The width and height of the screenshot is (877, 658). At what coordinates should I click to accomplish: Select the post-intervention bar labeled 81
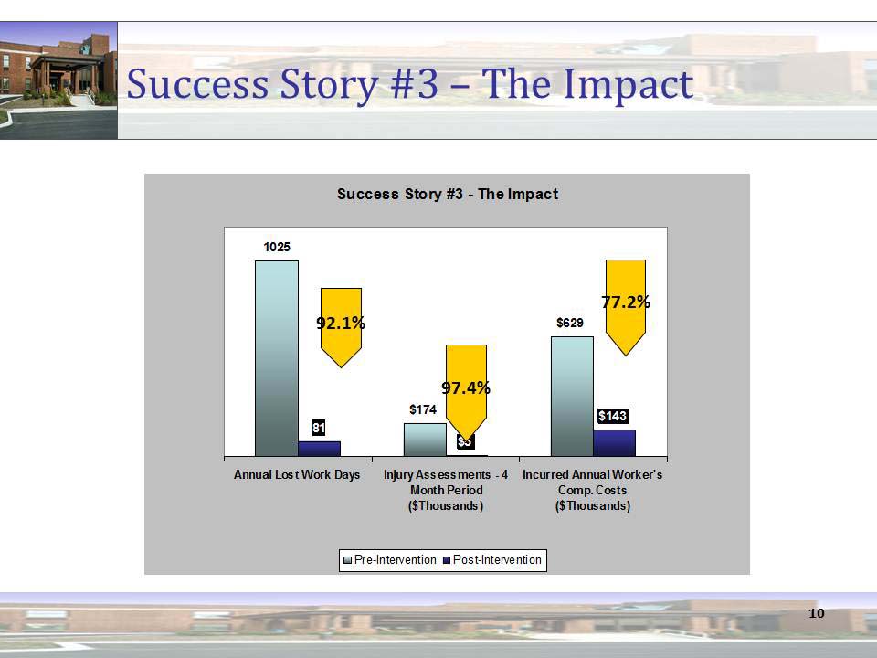(x=319, y=449)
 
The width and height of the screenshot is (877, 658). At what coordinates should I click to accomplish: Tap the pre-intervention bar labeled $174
(x=425, y=440)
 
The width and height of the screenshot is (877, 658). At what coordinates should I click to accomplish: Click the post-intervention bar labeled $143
(x=614, y=443)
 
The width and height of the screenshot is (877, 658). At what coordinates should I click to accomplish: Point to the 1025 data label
(x=277, y=247)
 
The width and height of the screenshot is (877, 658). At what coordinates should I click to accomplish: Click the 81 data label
(x=319, y=428)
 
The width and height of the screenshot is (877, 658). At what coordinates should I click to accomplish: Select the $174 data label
(x=421, y=410)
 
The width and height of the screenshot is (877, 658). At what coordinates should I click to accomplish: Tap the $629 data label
(x=570, y=323)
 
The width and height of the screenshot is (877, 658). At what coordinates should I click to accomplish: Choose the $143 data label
(x=612, y=416)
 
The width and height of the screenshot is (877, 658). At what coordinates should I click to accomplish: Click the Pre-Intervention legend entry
(x=390, y=559)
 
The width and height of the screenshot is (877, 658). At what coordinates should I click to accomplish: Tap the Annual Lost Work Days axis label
(x=297, y=475)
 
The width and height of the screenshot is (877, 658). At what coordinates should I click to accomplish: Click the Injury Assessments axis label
(x=446, y=491)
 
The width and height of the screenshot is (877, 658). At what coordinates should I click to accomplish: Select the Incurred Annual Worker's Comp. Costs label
(x=592, y=491)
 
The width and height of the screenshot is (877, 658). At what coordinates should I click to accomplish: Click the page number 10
(x=817, y=612)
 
